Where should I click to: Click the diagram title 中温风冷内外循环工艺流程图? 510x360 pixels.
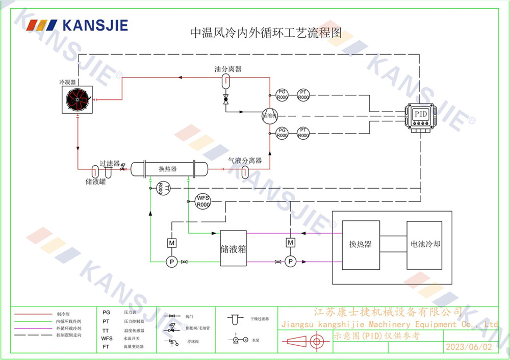tap(265, 33)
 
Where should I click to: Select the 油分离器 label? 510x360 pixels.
tap(227, 69)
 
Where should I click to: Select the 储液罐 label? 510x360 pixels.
tap(95, 181)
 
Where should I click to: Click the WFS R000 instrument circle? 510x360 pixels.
tap(203, 201)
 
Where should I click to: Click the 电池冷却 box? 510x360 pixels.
tap(424, 244)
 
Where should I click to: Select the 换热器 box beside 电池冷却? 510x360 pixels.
tap(361, 244)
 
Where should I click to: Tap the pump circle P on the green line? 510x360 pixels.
tap(172, 262)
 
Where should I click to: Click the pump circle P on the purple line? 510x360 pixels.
tap(290, 262)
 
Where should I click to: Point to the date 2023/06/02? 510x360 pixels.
tap(469, 347)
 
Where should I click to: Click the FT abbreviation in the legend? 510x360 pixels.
tap(106, 346)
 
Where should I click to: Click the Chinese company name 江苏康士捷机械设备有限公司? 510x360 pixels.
tap(388, 312)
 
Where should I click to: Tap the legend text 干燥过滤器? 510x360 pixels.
tap(260, 319)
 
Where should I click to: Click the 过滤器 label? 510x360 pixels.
tap(110, 164)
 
